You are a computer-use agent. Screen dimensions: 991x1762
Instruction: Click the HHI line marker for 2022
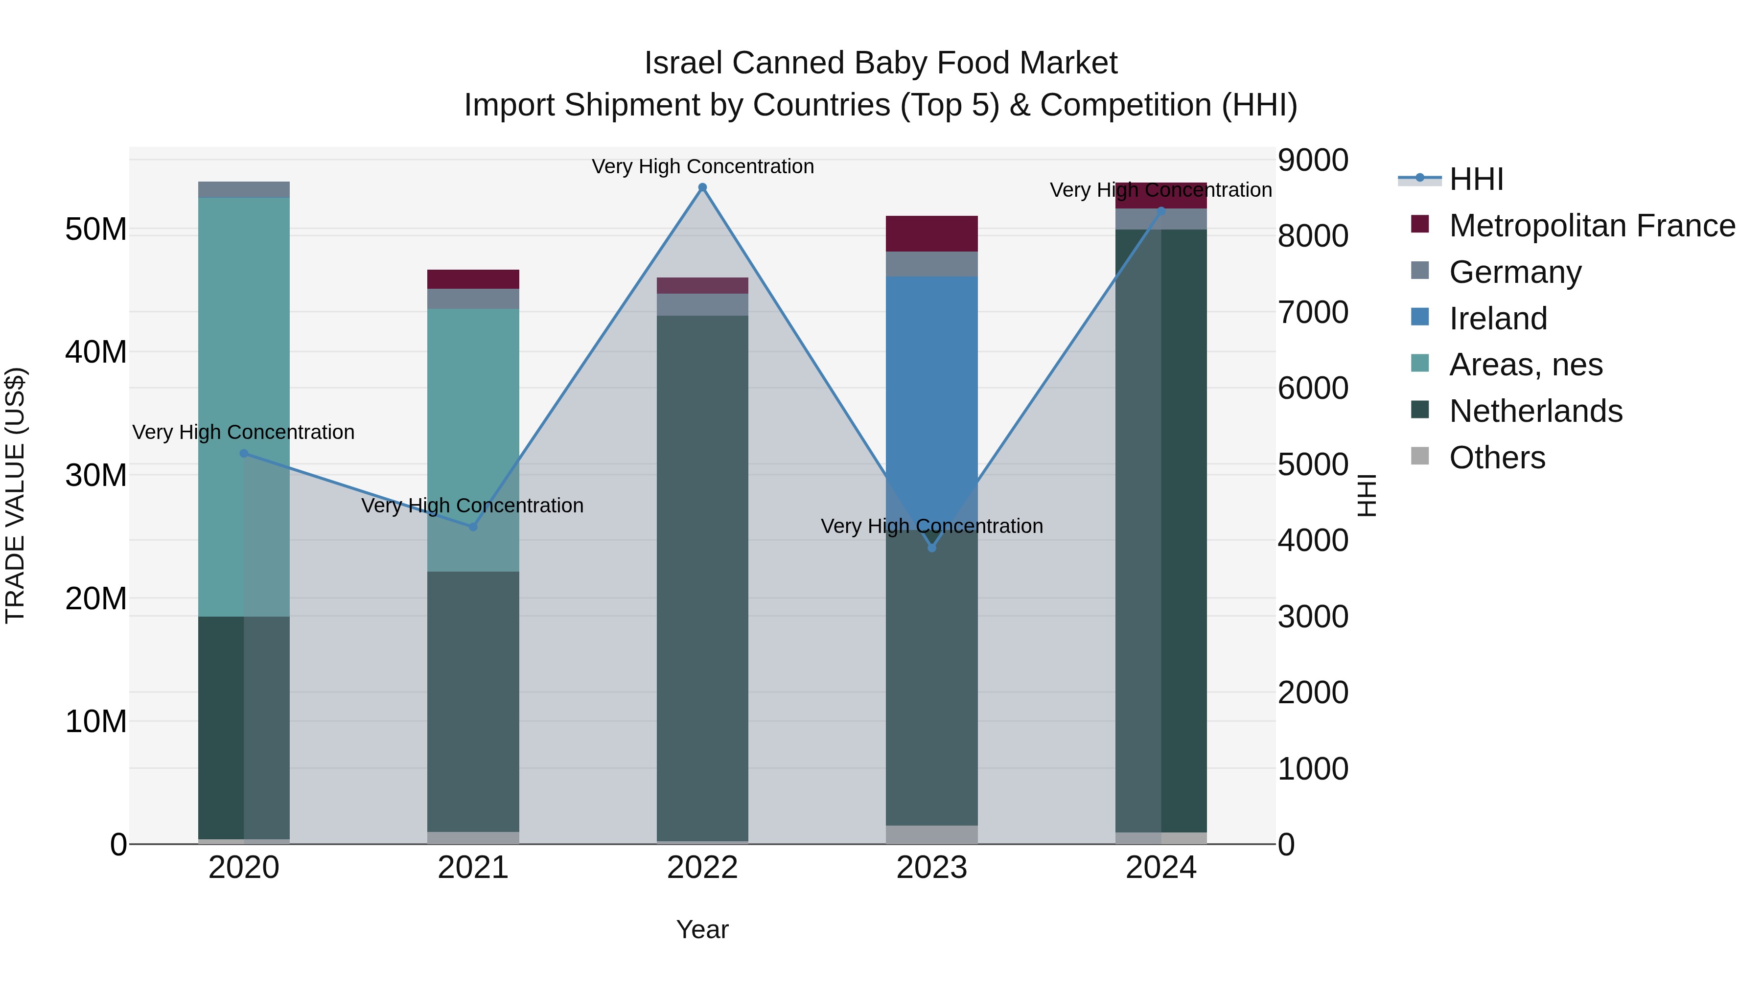point(702,187)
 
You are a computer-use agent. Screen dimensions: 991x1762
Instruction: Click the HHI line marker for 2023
point(931,548)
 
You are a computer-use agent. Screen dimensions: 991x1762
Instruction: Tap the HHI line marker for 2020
point(244,454)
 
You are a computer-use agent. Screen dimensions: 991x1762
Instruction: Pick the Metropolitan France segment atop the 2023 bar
point(931,233)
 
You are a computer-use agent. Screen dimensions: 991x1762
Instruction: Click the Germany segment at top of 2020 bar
point(244,189)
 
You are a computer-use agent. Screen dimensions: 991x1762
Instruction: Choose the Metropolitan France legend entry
point(1591,226)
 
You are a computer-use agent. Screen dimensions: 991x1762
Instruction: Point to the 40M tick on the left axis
point(96,352)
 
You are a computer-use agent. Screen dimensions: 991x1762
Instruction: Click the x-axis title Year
point(702,929)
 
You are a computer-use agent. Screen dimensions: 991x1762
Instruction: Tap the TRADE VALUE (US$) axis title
point(15,495)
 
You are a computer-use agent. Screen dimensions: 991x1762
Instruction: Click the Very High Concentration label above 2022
point(702,166)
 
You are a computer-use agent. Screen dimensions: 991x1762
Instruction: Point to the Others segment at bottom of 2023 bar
point(931,834)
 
